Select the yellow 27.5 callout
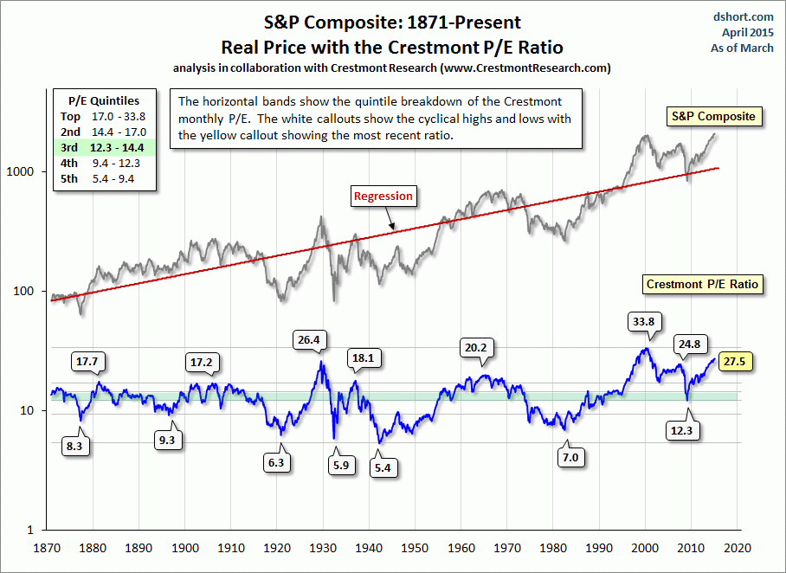click(735, 362)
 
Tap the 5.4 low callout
click(382, 467)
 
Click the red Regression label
click(383, 196)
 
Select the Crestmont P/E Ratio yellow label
click(702, 284)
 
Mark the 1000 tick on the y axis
click(29, 171)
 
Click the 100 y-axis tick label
click(32, 291)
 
